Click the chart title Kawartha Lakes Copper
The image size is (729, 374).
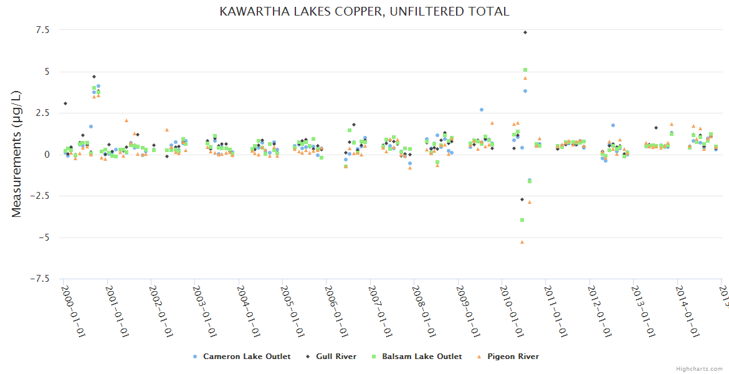point(364,11)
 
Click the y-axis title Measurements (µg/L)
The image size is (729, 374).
point(17,153)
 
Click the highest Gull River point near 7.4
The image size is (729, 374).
point(525,32)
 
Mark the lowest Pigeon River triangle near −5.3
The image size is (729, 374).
point(522,242)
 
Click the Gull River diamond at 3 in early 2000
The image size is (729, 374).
point(65,103)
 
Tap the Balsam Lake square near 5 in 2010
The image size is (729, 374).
point(525,70)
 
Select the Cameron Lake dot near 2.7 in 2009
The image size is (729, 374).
point(482,110)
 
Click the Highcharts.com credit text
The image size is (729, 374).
point(699,368)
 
